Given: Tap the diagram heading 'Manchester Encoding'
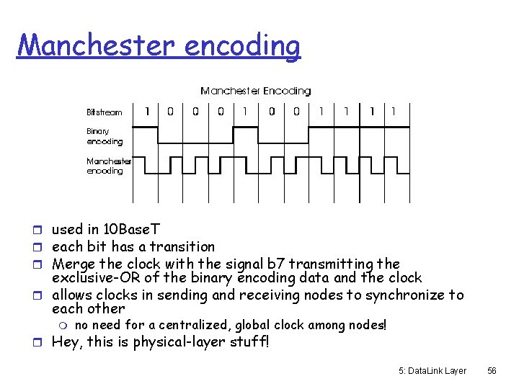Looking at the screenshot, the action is click(x=255, y=91).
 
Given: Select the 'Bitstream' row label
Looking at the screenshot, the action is click(x=105, y=112).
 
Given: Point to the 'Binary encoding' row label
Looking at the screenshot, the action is click(x=105, y=136).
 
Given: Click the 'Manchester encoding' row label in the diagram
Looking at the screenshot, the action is click(x=109, y=166).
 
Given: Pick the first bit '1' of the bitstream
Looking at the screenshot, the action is click(x=147, y=112).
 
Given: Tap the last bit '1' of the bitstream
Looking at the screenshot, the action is click(x=393, y=112).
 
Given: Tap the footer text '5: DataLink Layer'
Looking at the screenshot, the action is click(x=432, y=370).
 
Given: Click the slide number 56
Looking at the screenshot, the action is click(x=492, y=370).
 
